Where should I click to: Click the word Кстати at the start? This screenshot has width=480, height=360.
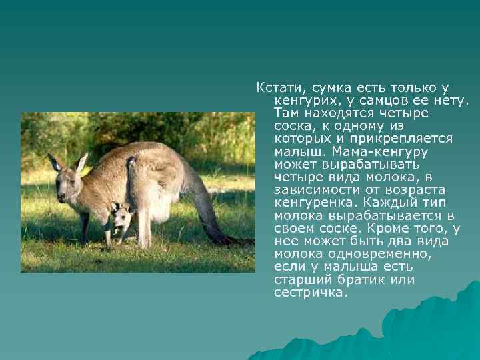pyautogui.click(x=274, y=88)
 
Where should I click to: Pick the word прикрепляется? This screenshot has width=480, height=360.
pyautogui.click(x=407, y=138)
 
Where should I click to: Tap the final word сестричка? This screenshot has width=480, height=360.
pyautogui.click(x=311, y=291)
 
